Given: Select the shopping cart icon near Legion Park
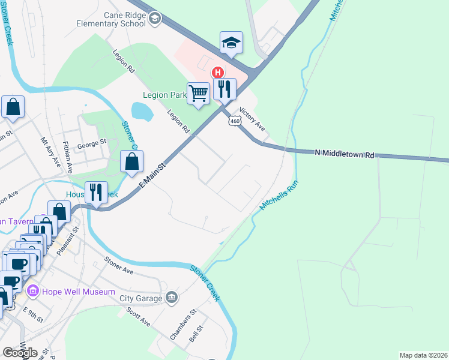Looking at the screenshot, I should [199, 93].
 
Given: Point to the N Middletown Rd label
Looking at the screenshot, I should [345, 154].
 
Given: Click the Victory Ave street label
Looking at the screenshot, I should [252, 119].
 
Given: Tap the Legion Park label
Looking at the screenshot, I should [164, 95].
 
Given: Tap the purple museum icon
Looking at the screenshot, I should [32, 292].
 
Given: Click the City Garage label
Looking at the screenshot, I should [141, 298].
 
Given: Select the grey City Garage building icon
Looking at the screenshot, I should [172, 298].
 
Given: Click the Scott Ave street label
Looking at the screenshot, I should [138, 317].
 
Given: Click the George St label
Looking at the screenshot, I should [91, 143].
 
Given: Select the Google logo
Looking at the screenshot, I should [20, 353].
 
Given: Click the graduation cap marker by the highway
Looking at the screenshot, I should [231, 42].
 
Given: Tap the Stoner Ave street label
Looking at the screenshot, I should [119, 265].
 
